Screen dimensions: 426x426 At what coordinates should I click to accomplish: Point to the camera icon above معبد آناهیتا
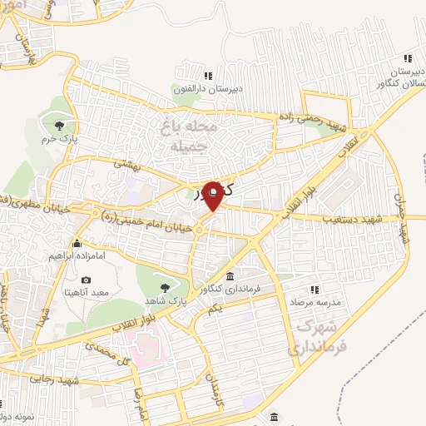click(x=86, y=280)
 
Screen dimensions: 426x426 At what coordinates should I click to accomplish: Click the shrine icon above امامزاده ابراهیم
click(x=77, y=244)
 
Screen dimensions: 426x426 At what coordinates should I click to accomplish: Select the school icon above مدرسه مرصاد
click(x=315, y=290)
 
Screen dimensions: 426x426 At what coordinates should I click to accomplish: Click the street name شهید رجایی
click(x=55, y=379)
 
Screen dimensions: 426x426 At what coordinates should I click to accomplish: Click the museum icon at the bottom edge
click(x=273, y=418)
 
